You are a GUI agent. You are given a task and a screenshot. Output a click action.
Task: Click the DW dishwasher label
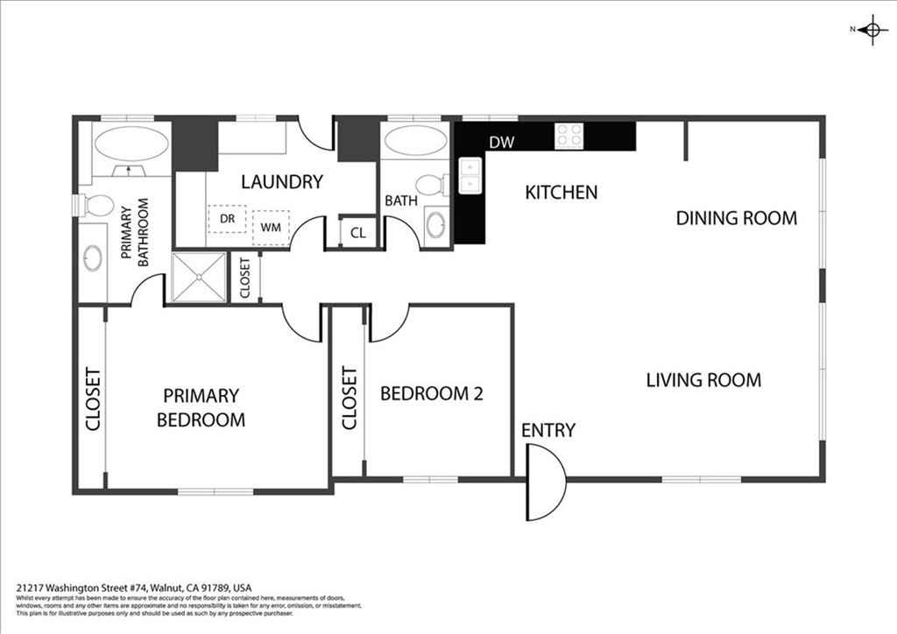pyautogui.click(x=502, y=142)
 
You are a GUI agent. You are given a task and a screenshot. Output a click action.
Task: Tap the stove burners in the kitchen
pyautogui.click(x=569, y=136)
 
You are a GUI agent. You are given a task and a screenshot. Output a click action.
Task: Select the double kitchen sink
pyautogui.click(x=470, y=176)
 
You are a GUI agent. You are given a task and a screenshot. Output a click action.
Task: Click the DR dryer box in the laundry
pyautogui.click(x=227, y=219)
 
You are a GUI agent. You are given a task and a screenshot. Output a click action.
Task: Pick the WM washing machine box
pyautogui.click(x=271, y=228)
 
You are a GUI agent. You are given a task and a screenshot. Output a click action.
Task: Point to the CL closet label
pyautogui.click(x=358, y=233)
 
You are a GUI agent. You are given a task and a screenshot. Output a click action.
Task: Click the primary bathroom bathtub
pyautogui.click(x=131, y=144)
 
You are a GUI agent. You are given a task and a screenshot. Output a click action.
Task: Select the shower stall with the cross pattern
pyautogui.click(x=199, y=277)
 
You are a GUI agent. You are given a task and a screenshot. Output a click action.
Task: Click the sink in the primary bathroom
pyautogui.click(x=93, y=258)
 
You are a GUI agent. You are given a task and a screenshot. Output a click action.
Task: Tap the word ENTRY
pyautogui.click(x=548, y=430)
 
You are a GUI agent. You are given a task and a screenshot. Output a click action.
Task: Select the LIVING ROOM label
pyautogui.click(x=703, y=380)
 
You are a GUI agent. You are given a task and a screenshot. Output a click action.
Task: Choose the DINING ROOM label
pyautogui.click(x=736, y=218)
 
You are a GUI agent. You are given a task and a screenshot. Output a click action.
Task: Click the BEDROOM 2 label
pyautogui.click(x=431, y=393)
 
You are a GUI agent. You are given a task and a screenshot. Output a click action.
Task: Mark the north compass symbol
pyautogui.click(x=872, y=29)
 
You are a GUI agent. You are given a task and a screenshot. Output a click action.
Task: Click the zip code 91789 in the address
pyautogui.click(x=214, y=588)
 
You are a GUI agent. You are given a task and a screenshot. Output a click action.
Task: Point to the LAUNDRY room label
pyautogui.click(x=282, y=182)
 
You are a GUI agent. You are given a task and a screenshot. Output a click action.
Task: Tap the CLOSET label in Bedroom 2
pyautogui.click(x=349, y=398)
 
